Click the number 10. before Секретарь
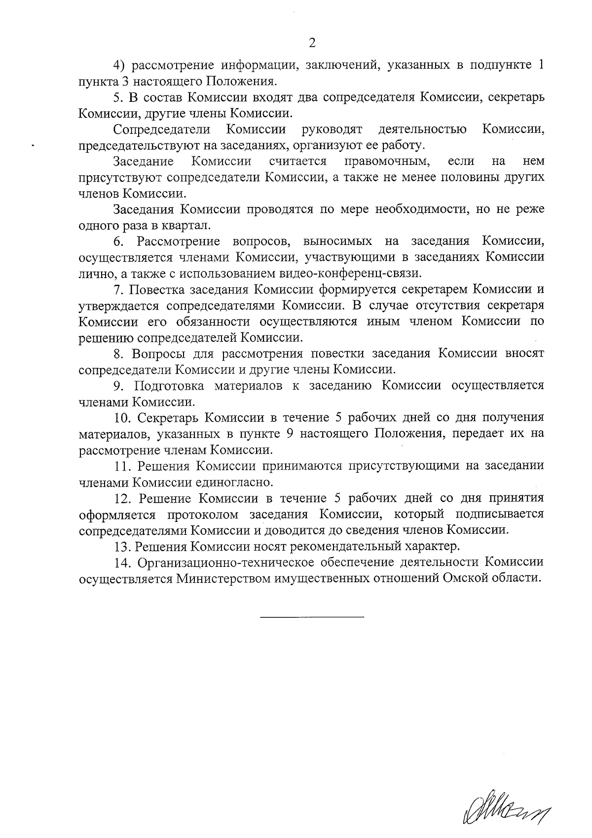coord(123,418)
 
